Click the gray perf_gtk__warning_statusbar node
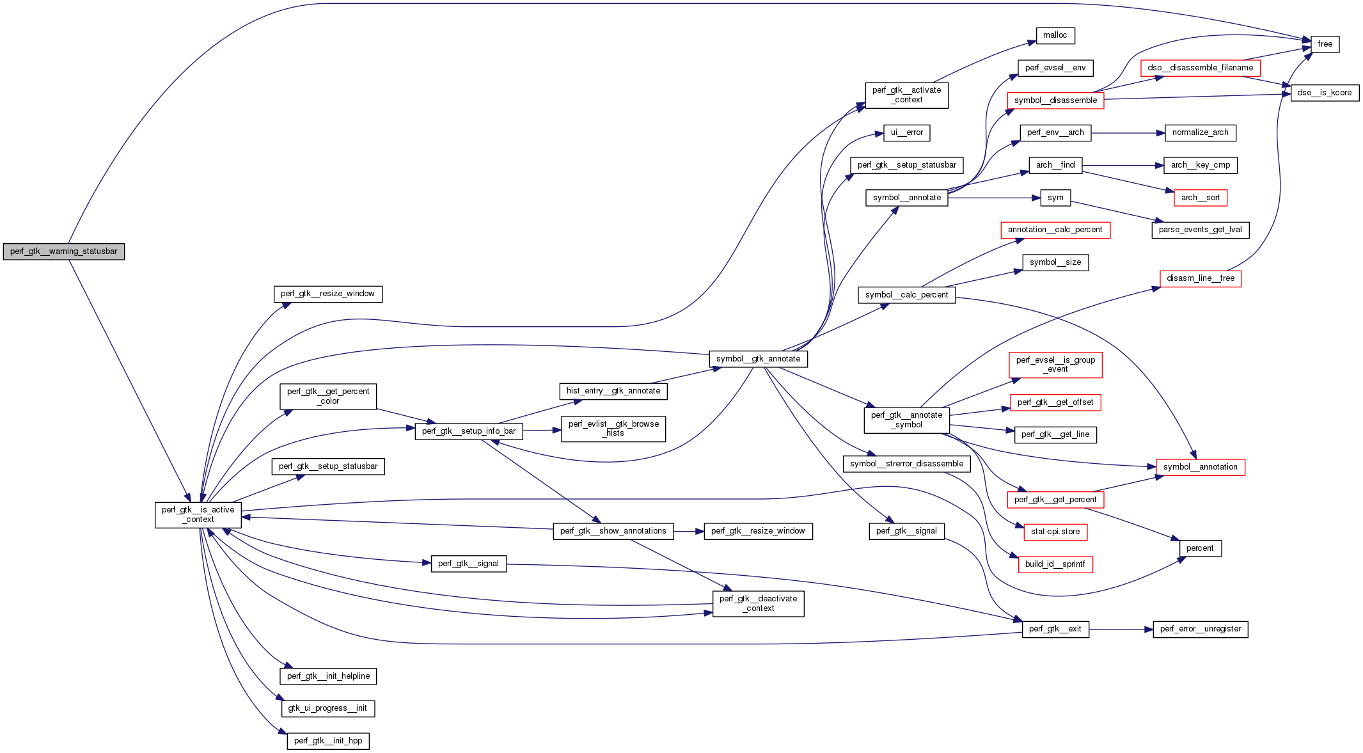pyautogui.click(x=64, y=251)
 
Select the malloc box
pyautogui.click(x=1055, y=36)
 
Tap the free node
pyautogui.click(x=1325, y=44)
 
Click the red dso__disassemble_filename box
pyautogui.click(x=1200, y=68)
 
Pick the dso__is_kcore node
pyautogui.click(x=1325, y=93)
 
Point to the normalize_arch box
pyautogui.click(x=1200, y=132)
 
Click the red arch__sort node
pyautogui.click(x=1200, y=198)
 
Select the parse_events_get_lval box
pyautogui.click(x=1200, y=230)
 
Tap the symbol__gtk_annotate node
pyautogui.click(x=758, y=359)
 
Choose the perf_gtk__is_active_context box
pyautogui.click(x=198, y=514)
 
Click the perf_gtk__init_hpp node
pyautogui.click(x=328, y=741)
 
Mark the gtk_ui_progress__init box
pyautogui.click(x=327, y=708)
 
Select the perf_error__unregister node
pyautogui.click(x=1200, y=629)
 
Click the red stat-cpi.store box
pyautogui.click(x=1055, y=532)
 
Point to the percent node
pyautogui.click(x=1199, y=548)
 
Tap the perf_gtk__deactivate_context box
pyautogui.click(x=758, y=603)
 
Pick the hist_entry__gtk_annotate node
pyautogui.click(x=613, y=391)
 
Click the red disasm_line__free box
pyautogui.click(x=1200, y=278)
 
